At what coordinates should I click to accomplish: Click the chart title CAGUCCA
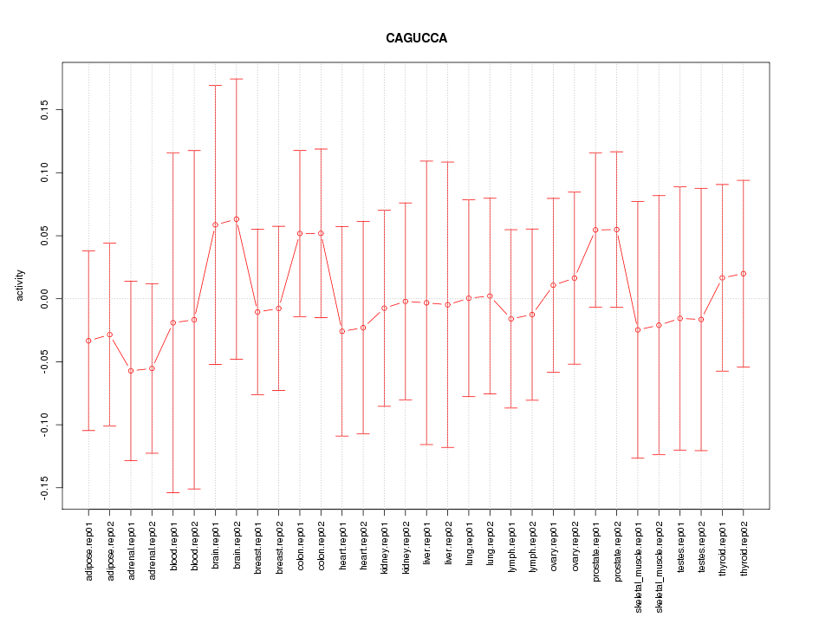pyautogui.click(x=416, y=38)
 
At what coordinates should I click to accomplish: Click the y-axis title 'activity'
pyautogui.click(x=20, y=285)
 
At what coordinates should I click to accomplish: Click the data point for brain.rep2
pyautogui.click(x=237, y=219)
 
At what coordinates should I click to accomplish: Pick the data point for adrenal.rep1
pyautogui.click(x=131, y=371)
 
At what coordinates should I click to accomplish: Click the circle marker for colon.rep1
pyautogui.click(x=300, y=233)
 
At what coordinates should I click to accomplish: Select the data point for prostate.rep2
pyautogui.click(x=617, y=230)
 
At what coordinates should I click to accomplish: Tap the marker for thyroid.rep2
pyautogui.click(x=744, y=274)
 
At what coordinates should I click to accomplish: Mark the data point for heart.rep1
pyautogui.click(x=342, y=331)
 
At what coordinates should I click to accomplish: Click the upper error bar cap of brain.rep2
pyautogui.click(x=237, y=79)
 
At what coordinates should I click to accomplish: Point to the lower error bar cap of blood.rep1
pyautogui.click(x=173, y=492)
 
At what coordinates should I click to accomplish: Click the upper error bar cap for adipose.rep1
pyautogui.click(x=88, y=250)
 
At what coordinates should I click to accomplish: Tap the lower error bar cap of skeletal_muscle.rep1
pyautogui.click(x=638, y=458)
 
